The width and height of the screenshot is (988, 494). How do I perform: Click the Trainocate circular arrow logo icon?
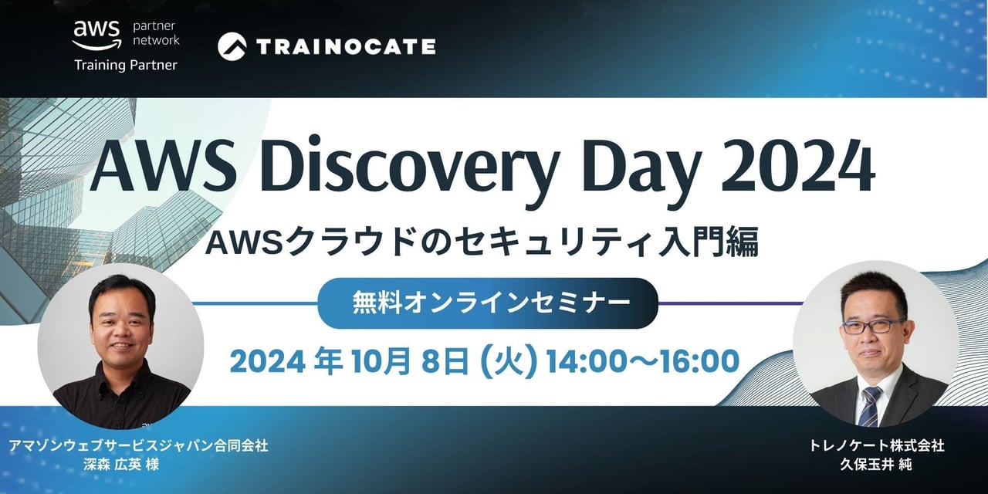pyautogui.click(x=232, y=46)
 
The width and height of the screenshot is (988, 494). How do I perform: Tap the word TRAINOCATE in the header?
pyautogui.click(x=346, y=47)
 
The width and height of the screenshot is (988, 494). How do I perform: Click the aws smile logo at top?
pyautogui.click(x=96, y=35)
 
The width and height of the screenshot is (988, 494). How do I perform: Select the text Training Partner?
pyautogui.click(x=126, y=66)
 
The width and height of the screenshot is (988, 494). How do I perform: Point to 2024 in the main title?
pyautogui.click(x=797, y=166)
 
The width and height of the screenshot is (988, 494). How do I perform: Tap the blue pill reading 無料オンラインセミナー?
pyautogui.click(x=488, y=303)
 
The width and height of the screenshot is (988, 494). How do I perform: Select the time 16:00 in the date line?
pyautogui.click(x=697, y=362)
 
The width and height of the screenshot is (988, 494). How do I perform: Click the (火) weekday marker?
pyautogui.click(x=509, y=362)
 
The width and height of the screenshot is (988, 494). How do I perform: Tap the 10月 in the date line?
pyautogui.click(x=382, y=362)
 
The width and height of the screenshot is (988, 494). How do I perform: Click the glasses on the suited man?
pyautogui.click(x=872, y=326)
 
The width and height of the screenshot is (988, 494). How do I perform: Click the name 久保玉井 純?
pyautogui.click(x=875, y=465)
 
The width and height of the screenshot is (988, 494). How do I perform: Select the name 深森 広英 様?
pyautogui.click(x=121, y=465)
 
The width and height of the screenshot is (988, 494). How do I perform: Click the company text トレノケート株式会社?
pyautogui.click(x=876, y=445)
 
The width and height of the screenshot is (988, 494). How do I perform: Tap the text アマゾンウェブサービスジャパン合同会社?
pyautogui.click(x=138, y=445)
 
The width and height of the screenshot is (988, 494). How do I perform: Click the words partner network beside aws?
pyautogui.click(x=156, y=33)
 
